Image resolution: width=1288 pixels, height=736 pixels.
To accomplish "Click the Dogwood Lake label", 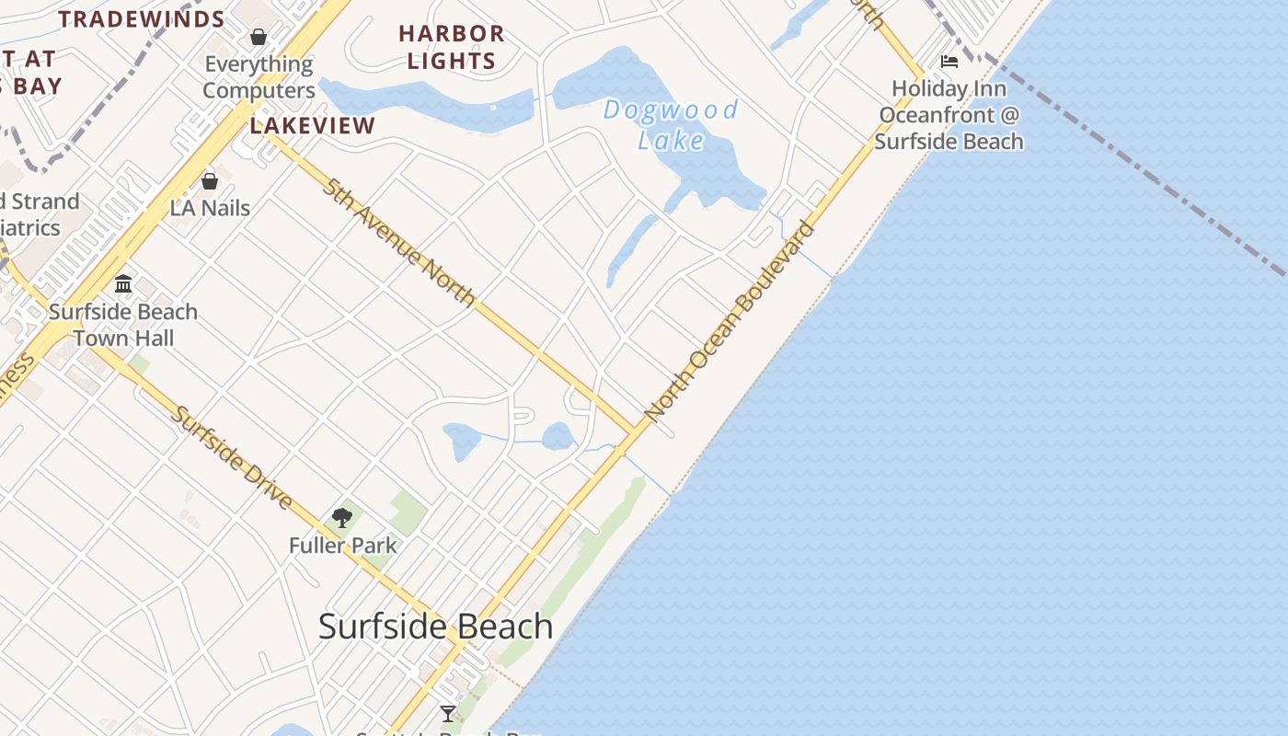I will [671, 125].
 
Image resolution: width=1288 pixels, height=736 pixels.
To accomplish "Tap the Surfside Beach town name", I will [435, 627].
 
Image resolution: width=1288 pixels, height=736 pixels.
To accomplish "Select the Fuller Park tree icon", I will [342, 518].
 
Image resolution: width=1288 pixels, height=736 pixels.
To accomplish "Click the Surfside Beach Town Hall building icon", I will [123, 283].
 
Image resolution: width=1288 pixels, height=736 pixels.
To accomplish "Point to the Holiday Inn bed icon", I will [949, 62].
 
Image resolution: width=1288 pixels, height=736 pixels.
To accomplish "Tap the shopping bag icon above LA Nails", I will [210, 181].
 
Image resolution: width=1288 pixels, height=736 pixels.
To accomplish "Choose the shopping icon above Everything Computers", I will [259, 37].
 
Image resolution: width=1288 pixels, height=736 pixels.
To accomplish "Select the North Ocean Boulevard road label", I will [730, 323].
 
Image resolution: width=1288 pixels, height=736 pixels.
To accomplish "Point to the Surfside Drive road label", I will [233, 458].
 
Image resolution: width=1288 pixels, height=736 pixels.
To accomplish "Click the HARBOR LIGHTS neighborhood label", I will [452, 48].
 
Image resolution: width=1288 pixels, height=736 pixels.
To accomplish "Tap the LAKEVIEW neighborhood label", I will [313, 126].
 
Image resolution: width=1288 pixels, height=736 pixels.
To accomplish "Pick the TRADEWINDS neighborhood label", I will [142, 19].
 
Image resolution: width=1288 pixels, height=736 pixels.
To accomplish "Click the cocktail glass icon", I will [448, 714].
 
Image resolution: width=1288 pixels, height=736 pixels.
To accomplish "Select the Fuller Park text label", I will [343, 546].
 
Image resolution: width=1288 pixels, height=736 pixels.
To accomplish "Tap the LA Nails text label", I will [210, 208].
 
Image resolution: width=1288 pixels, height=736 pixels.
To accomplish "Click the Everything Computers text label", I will [259, 77].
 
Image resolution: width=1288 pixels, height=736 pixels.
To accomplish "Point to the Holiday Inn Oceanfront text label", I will [949, 115].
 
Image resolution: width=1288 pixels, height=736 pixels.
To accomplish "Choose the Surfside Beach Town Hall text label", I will [123, 325].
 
